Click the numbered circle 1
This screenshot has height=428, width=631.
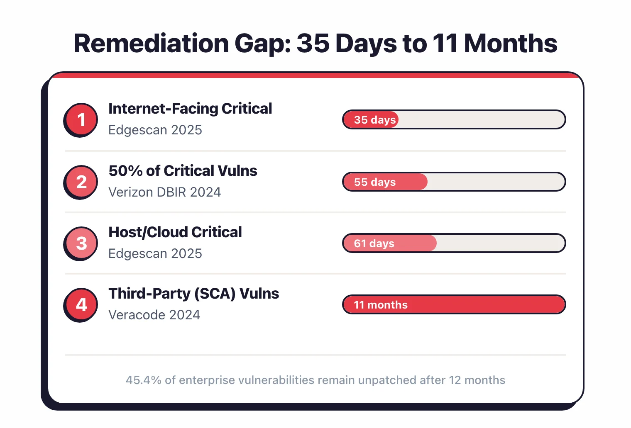pos(81,119)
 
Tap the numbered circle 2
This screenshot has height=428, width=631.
pos(81,182)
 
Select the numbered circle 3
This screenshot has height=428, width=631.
pos(81,243)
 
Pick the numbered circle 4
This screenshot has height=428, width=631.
pos(81,304)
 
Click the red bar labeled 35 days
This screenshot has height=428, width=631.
pos(371,119)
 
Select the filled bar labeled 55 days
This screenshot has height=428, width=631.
pos(385,182)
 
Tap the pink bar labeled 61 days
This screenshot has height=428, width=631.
pos(389,243)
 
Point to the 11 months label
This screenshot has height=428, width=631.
pos(381,305)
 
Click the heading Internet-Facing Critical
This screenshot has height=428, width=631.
pos(190,109)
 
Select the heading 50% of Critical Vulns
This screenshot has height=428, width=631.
pos(183,171)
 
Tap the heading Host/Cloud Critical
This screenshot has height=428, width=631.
pos(175,232)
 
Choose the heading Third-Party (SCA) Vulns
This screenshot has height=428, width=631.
pos(193,294)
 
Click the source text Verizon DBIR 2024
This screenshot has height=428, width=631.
pos(164,192)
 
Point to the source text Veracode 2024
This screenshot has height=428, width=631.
pos(154,315)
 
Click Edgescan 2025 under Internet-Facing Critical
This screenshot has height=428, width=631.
pos(155,130)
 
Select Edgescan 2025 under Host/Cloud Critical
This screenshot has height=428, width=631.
pos(155,253)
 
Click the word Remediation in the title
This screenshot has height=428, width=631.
pos(151,44)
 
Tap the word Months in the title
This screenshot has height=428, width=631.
pos(510,44)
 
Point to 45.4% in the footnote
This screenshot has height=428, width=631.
pos(143,380)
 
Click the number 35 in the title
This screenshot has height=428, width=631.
pos(313,44)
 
